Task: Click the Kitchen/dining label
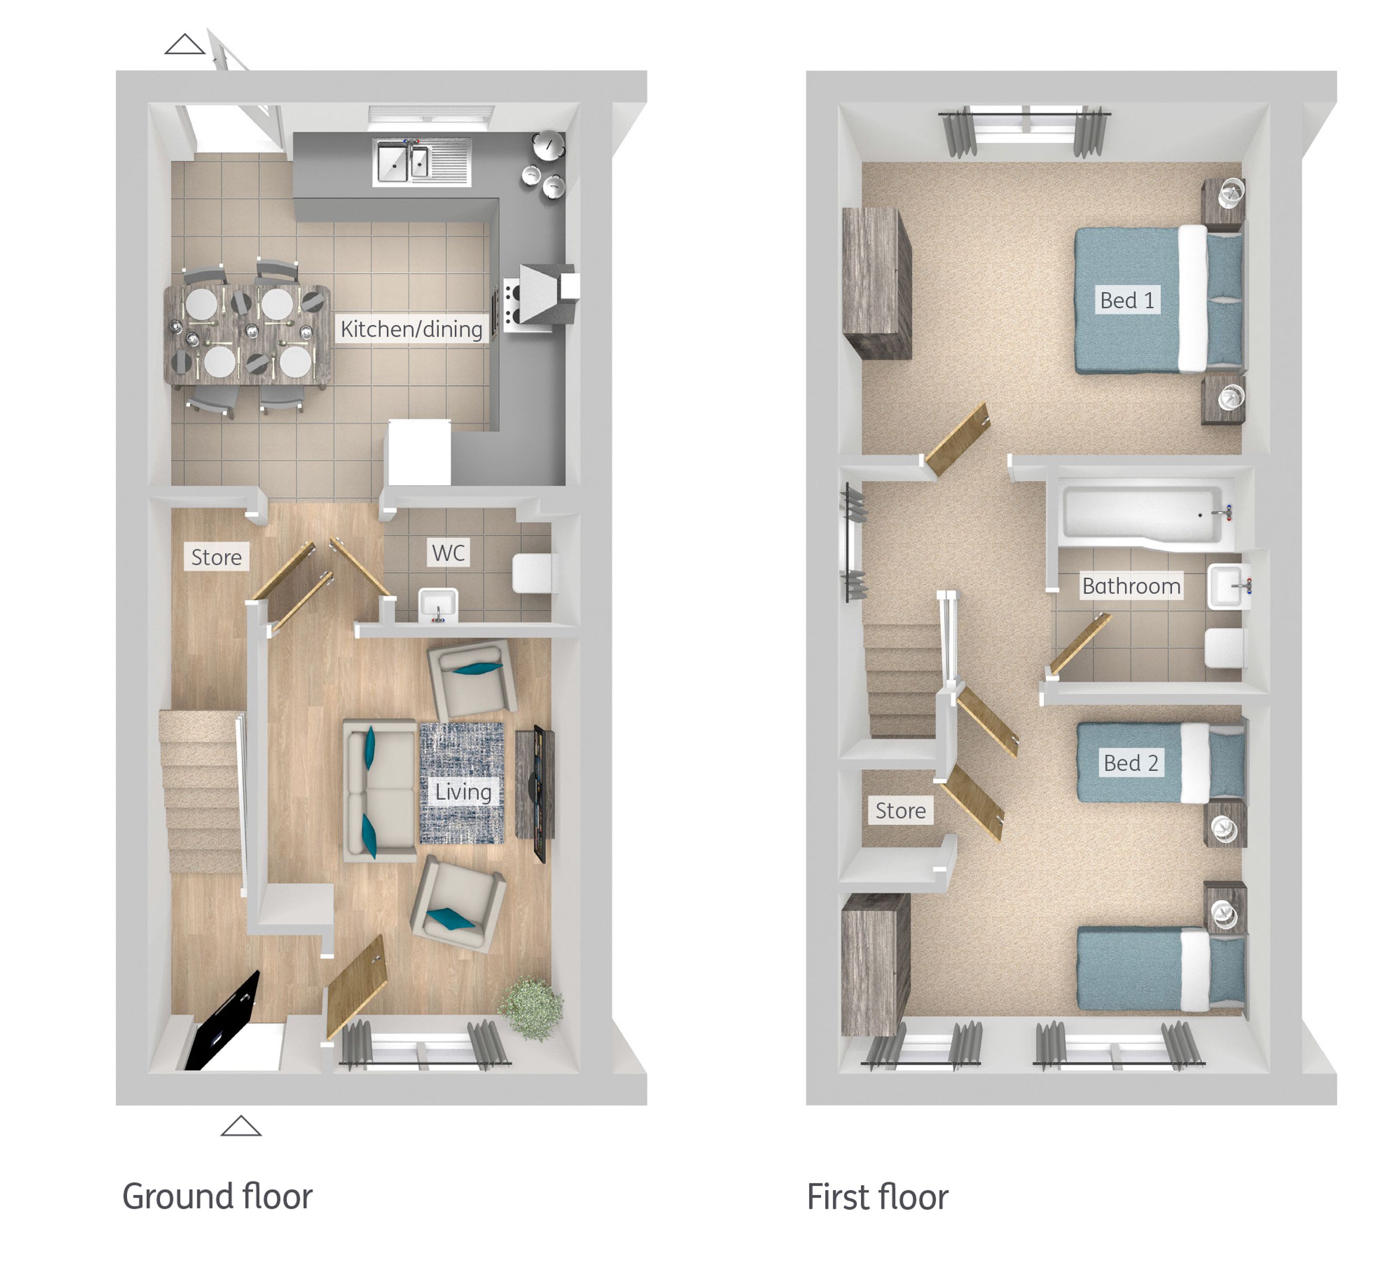(411, 329)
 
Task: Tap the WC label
(448, 553)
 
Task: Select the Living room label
(463, 792)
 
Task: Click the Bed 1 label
(1126, 300)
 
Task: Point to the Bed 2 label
(1130, 763)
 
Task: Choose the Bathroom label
(1131, 586)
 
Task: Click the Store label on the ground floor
(216, 557)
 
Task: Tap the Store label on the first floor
(900, 811)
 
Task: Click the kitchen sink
(422, 162)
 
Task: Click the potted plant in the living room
(531, 1007)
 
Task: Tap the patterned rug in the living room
(461, 783)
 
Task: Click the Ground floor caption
(217, 1196)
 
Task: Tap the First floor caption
(877, 1196)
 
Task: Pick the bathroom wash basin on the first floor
(1228, 586)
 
